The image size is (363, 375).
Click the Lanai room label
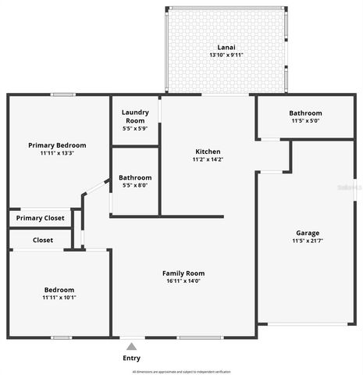(x=226, y=46)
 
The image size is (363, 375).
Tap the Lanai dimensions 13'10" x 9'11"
(x=226, y=55)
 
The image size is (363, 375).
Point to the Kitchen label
(x=208, y=152)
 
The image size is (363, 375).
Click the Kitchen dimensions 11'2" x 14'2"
(x=208, y=160)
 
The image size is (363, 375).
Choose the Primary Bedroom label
(x=57, y=145)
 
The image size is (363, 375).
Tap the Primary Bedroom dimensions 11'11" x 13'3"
(x=57, y=154)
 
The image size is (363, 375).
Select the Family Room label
(x=183, y=273)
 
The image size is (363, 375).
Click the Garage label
(x=308, y=233)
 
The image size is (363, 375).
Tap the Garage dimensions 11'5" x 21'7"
(x=308, y=241)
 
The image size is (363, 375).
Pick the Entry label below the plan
(x=132, y=358)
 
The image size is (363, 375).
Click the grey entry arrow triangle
(x=132, y=345)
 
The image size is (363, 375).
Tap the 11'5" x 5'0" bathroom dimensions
(x=305, y=122)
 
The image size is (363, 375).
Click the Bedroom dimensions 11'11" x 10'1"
(x=59, y=298)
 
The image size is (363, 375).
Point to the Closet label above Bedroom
(x=43, y=240)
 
